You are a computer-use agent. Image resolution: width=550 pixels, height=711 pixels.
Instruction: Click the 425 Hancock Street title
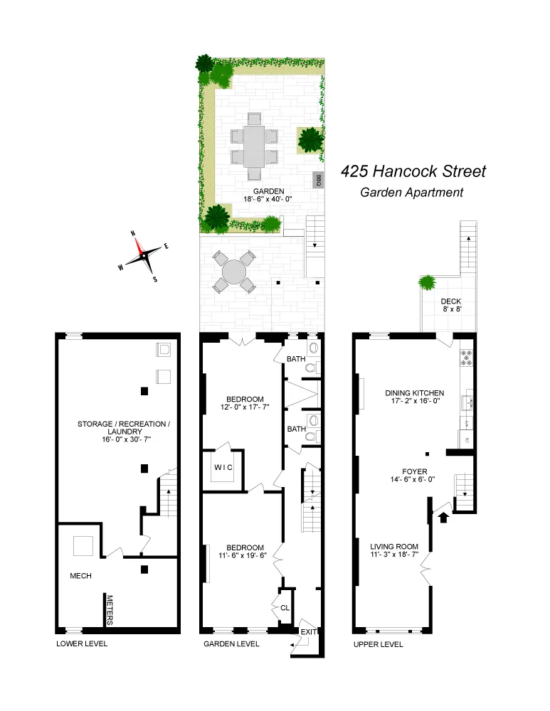(x=413, y=171)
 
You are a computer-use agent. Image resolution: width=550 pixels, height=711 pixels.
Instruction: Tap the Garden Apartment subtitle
(x=411, y=192)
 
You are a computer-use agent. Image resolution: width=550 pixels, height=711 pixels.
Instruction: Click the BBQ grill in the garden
(x=318, y=179)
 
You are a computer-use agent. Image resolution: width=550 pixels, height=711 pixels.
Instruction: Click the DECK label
(x=451, y=301)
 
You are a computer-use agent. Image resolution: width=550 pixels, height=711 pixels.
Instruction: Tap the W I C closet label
(x=224, y=466)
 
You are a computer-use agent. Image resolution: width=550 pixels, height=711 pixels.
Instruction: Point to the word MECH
(x=81, y=575)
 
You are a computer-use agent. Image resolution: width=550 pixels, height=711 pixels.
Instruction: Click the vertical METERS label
(x=110, y=610)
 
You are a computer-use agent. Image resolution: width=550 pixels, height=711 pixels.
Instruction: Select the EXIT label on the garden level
(x=307, y=631)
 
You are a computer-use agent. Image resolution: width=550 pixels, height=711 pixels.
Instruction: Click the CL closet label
(x=285, y=608)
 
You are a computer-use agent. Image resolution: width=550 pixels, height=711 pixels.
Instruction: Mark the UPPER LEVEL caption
(x=378, y=644)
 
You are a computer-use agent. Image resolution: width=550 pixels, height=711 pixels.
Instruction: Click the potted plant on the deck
(x=427, y=283)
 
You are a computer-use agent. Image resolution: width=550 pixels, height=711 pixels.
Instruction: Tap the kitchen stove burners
(x=467, y=358)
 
